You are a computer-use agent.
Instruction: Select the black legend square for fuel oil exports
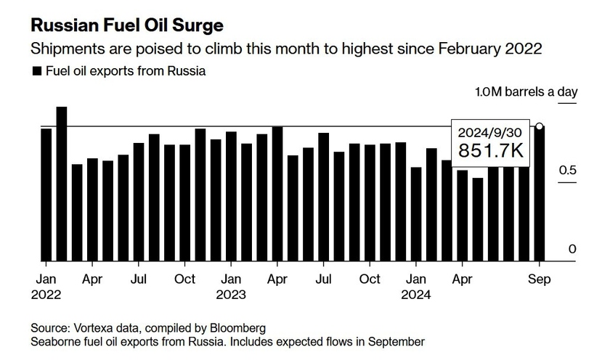point(36,72)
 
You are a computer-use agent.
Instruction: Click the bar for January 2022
point(46,195)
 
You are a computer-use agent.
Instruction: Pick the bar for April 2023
point(277,194)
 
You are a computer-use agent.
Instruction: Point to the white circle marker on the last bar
point(540,127)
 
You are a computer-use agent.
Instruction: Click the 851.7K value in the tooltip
point(490,150)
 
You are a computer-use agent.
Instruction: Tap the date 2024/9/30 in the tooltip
point(490,132)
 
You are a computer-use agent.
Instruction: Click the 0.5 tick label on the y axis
point(568,171)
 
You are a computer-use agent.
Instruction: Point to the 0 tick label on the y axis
point(572,249)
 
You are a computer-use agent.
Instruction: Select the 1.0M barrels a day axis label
point(526,92)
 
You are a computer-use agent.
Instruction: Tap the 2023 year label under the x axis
point(232,295)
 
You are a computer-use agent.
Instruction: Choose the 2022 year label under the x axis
point(47,295)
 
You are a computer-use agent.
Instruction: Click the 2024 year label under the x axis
point(417,295)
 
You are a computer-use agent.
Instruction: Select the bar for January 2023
point(231,196)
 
